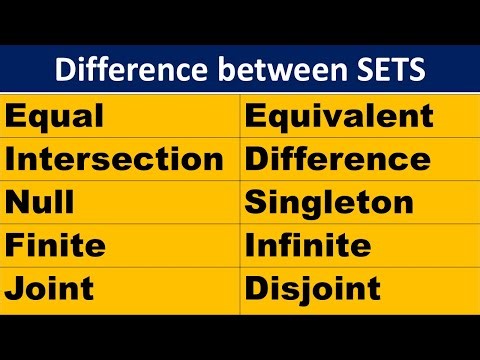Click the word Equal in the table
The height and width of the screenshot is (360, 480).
[x=55, y=117]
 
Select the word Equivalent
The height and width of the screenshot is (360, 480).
[x=339, y=117]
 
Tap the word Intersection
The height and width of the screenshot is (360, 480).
[x=115, y=160]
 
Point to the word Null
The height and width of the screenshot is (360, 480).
[x=40, y=203]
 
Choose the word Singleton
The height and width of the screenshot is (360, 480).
[x=329, y=203]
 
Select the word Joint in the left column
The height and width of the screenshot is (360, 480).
[x=50, y=289]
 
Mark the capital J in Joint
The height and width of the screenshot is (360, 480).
[x=15, y=289]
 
